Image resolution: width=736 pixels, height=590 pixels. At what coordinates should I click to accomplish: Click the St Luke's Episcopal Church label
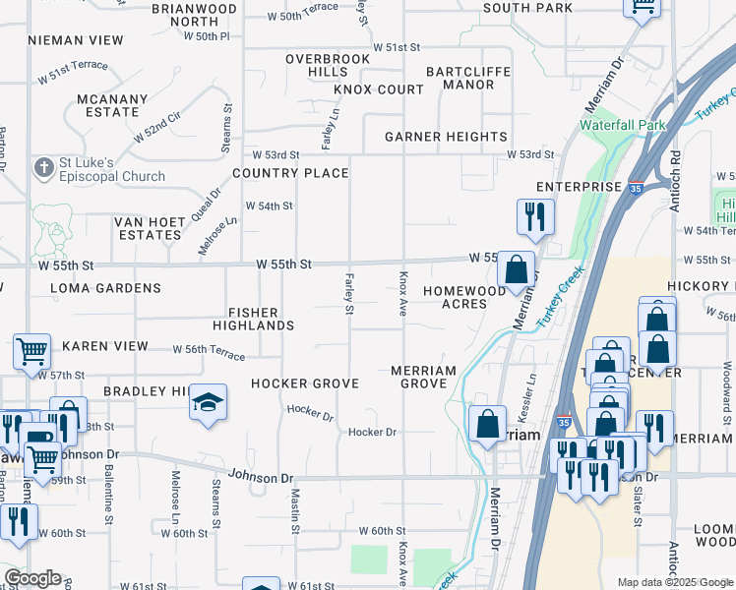pos(110,169)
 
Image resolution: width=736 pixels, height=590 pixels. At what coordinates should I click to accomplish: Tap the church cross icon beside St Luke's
pos(43,168)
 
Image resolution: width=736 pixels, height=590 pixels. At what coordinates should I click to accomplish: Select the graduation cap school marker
pos(208,402)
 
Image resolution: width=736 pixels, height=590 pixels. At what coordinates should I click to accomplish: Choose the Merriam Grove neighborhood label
pos(423,377)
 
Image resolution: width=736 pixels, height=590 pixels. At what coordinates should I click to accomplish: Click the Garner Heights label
pos(446,137)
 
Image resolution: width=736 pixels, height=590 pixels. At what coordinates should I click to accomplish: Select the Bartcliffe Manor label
pos(460,78)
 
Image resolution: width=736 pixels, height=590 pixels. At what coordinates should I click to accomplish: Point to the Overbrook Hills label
pos(328,66)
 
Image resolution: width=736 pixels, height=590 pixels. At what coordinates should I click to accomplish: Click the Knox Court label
pos(378,89)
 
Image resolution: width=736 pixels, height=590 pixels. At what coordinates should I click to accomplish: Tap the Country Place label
pos(290,173)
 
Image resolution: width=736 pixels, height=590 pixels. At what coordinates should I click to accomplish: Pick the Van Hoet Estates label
pos(150,228)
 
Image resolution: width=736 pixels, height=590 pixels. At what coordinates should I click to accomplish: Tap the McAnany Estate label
pos(112,105)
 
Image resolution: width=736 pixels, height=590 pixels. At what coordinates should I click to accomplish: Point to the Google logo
pos(32,578)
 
